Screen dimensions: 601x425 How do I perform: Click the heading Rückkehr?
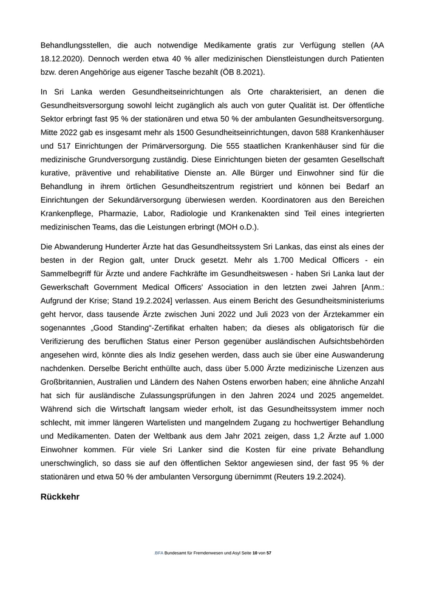click(59, 497)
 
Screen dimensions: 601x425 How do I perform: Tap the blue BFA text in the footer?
click(159, 554)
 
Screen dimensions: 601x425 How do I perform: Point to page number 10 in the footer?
click(255, 554)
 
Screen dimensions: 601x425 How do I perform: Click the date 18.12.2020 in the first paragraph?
click(62, 58)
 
